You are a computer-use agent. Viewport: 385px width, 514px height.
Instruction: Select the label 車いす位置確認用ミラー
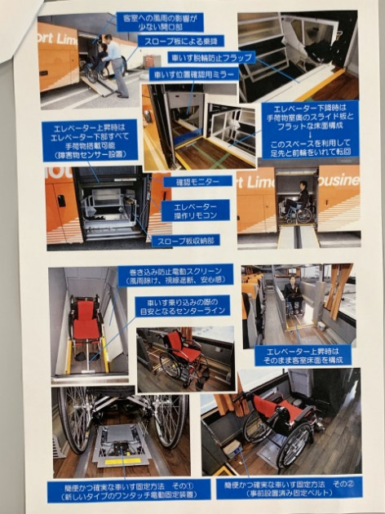point(192,75)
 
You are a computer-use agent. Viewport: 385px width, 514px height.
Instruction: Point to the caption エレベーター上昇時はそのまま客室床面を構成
point(301,354)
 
